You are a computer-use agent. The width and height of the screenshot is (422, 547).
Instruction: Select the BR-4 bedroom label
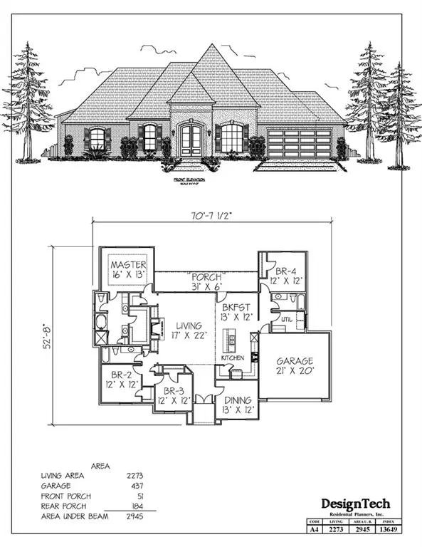pos(286,271)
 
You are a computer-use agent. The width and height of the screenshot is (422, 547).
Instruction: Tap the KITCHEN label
pos(233,357)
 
